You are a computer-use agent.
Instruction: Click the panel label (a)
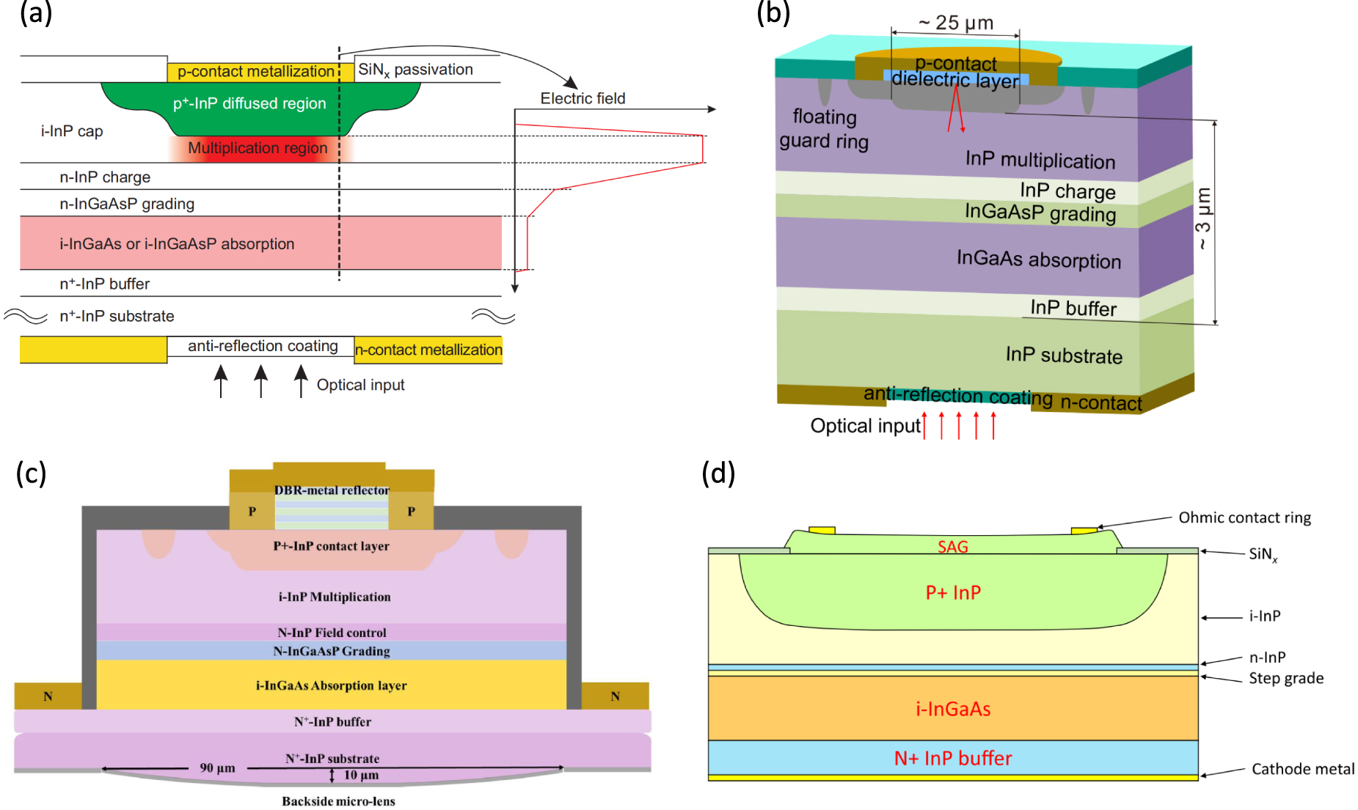(x=35, y=13)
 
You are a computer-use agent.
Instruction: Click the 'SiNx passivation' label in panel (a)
(x=415, y=70)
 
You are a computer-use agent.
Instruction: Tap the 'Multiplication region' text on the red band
(x=258, y=148)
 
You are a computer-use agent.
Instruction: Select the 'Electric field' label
(x=583, y=98)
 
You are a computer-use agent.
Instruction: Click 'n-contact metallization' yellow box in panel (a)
(x=428, y=350)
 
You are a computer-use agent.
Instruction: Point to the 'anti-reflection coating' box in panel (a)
(x=262, y=346)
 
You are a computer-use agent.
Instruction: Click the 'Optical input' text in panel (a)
(x=360, y=385)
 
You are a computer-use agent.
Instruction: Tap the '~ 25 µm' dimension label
(x=956, y=23)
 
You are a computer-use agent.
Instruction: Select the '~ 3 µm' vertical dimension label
(x=1203, y=218)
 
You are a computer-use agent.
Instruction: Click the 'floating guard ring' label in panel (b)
(x=824, y=129)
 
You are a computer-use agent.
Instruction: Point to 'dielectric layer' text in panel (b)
(x=955, y=79)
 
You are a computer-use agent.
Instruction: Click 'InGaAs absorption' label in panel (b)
(x=1038, y=259)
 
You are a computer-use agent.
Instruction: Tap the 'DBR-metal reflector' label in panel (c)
(x=332, y=490)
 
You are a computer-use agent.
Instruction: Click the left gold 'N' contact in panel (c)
(x=48, y=696)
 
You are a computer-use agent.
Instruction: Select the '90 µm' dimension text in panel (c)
(x=217, y=767)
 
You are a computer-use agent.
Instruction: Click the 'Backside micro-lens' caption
(x=338, y=801)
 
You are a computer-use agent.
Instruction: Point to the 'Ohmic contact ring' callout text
(x=1244, y=518)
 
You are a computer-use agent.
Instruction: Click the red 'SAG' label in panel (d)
(x=952, y=547)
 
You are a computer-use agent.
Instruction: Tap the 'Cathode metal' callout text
(x=1302, y=769)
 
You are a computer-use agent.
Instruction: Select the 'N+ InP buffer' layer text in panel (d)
(x=952, y=758)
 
